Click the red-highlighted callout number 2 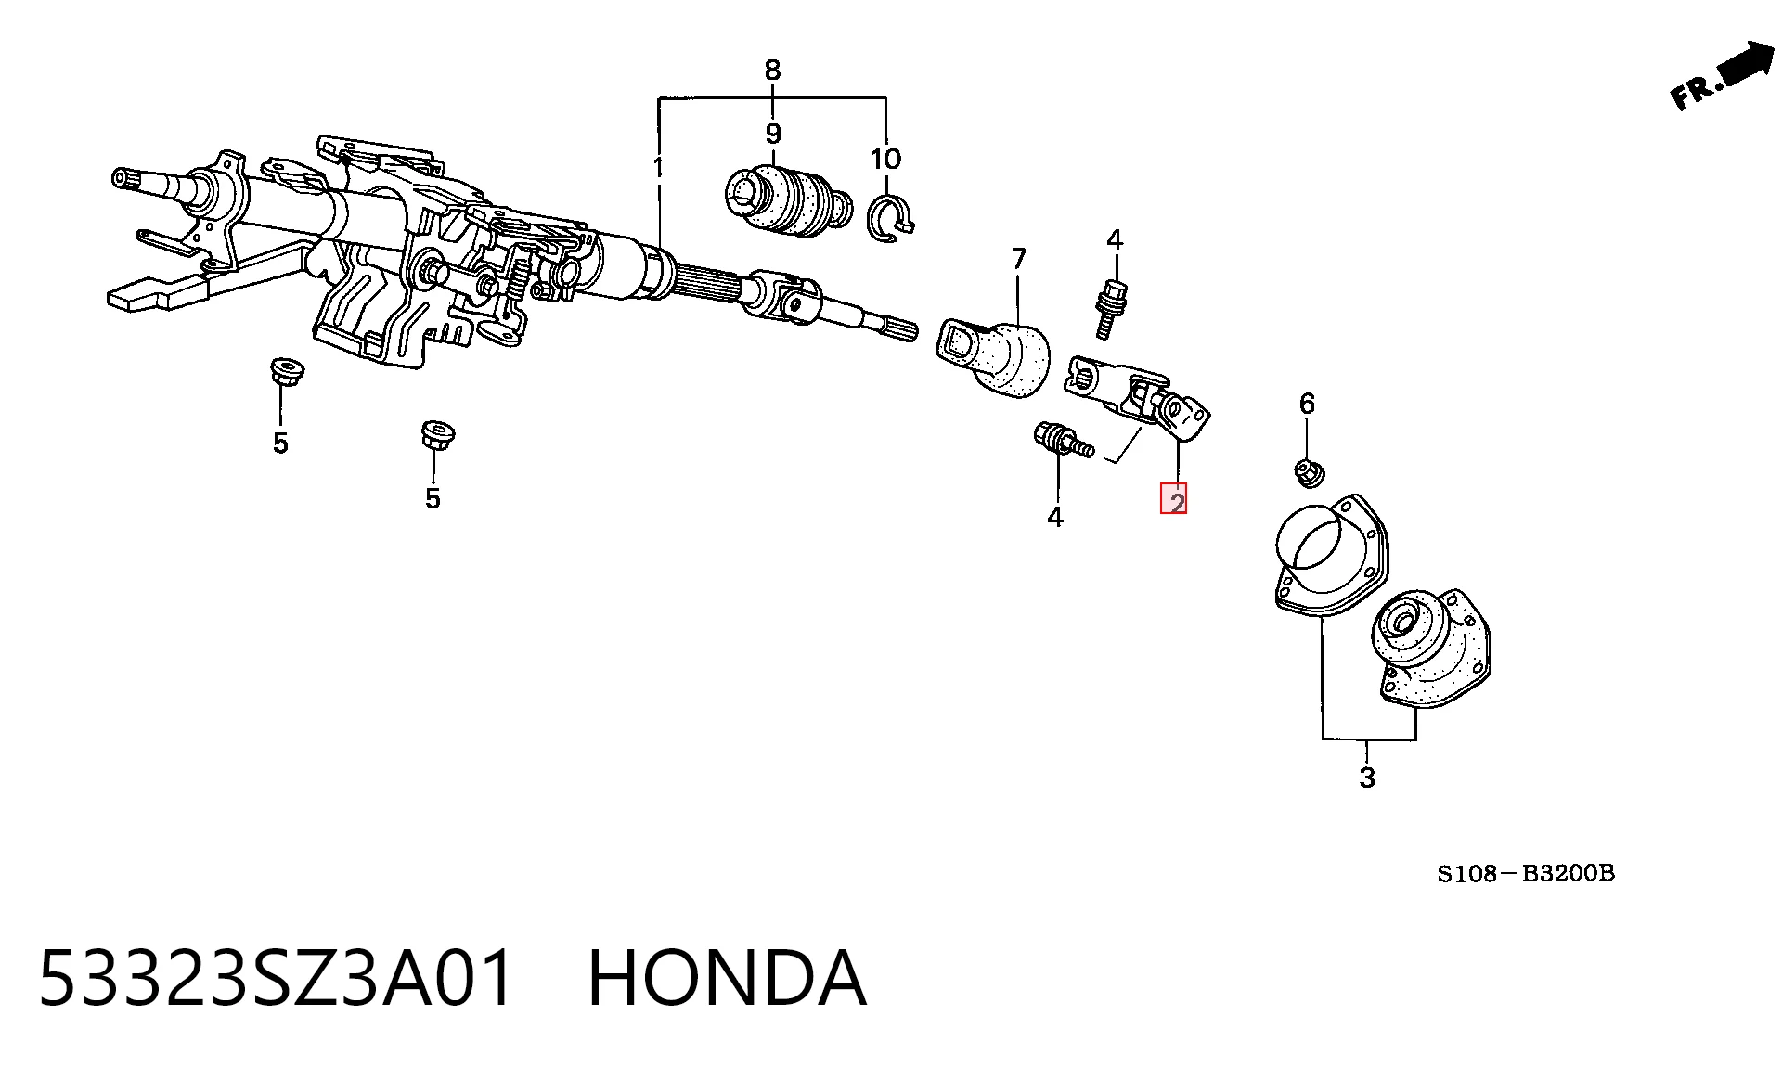(1175, 500)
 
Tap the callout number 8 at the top (772, 70)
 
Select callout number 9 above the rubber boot (773, 135)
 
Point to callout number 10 (885, 159)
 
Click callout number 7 (1018, 259)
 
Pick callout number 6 (1307, 404)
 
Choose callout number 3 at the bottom (1367, 778)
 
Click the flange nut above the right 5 (437, 434)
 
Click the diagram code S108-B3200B (1526, 873)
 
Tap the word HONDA (728, 978)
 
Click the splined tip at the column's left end (124, 177)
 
